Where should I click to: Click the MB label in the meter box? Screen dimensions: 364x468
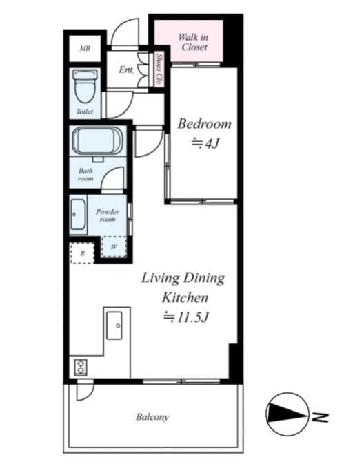click(85, 48)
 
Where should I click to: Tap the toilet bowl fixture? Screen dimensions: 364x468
click(85, 86)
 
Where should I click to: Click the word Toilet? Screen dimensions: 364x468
click(85, 111)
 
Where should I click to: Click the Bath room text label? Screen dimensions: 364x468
click(85, 175)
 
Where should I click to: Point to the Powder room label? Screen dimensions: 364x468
click(108, 215)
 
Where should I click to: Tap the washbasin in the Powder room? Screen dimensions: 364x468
click(79, 214)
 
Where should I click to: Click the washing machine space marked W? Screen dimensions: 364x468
click(114, 247)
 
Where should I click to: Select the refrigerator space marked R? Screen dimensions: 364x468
click(82, 253)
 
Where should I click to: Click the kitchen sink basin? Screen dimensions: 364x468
click(114, 326)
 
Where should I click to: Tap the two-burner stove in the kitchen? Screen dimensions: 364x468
click(81, 368)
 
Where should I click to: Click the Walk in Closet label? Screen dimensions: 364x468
click(193, 42)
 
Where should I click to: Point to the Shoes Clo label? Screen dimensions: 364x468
click(160, 70)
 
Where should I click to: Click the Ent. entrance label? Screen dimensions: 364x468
click(126, 70)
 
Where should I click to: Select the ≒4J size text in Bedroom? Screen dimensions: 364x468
click(205, 143)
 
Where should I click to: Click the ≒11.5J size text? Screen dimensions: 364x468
click(185, 317)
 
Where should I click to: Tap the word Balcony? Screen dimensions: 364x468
click(152, 417)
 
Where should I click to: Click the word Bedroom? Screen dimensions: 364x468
click(205, 124)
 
